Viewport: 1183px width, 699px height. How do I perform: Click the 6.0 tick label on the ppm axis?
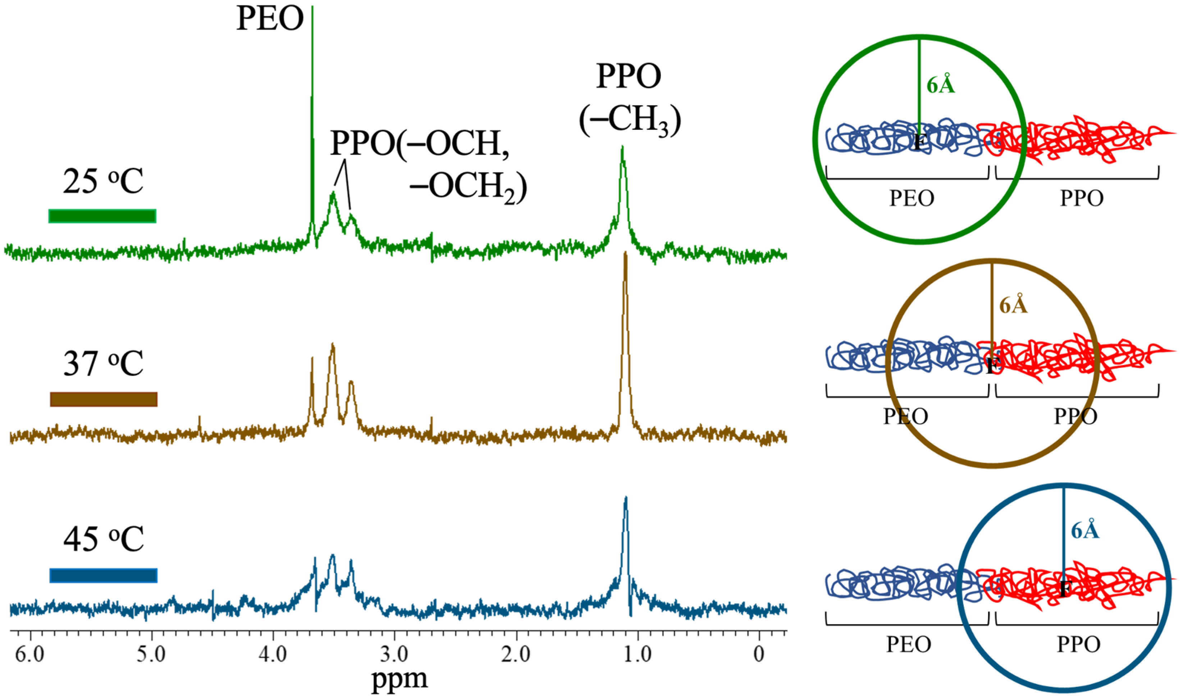tap(30, 654)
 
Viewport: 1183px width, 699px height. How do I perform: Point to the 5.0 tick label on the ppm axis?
tap(151, 654)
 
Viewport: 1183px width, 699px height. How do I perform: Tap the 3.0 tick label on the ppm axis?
tap(394, 654)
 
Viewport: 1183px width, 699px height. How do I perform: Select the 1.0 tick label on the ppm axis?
tap(638, 654)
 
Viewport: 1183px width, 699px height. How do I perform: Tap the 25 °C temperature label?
tap(103, 181)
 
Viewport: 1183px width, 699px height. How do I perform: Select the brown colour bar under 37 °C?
tap(103, 399)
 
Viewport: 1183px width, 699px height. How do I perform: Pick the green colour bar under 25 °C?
tap(102, 216)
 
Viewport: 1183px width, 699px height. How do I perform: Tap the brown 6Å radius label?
tap(1013, 305)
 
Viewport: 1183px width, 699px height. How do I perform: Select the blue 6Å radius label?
tap(1085, 531)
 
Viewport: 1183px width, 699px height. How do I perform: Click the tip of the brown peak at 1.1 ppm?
tap(626, 254)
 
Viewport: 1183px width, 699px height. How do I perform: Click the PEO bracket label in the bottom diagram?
tap(908, 644)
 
